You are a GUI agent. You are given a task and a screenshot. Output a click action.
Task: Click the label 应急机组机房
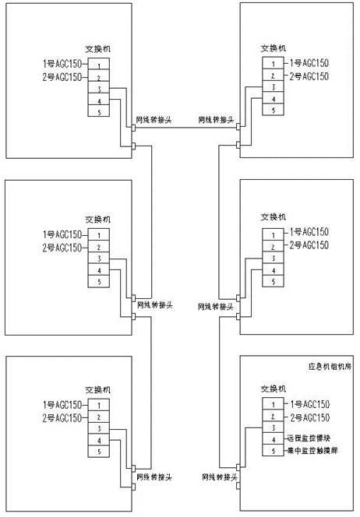pyautogui.click(x=326, y=364)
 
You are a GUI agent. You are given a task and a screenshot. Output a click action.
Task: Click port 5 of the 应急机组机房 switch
pyautogui.click(x=274, y=452)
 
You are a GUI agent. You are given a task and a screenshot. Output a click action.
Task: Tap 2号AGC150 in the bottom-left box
pyautogui.click(x=62, y=417)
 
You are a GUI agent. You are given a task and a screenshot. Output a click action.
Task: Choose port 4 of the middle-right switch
pyautogui.click(x=274, y=269)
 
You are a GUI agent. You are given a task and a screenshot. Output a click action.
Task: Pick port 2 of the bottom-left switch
pyautogui.click(x=99, y=417)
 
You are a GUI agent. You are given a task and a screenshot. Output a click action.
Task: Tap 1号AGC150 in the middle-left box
pyautogui.click(x=62, y=234)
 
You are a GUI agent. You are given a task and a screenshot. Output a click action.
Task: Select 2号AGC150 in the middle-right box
pyautogui.click(x=309, y=245)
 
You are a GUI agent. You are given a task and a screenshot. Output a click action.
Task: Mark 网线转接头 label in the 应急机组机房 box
pyautogui.click(x=218, y=474)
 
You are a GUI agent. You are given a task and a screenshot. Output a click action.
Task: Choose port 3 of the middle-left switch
pyautogui.click(x=99, y=258)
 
